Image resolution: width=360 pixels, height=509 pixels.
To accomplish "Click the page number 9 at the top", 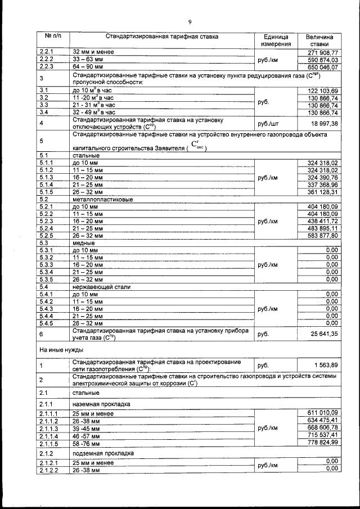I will [190, 22].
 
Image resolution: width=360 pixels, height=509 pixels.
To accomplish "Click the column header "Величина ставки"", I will [319, 40].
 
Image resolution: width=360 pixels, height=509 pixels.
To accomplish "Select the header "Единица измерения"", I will [276, 40].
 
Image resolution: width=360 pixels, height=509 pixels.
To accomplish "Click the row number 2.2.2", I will [46, 60].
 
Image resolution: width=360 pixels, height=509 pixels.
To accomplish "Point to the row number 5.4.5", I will [47, 323].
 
